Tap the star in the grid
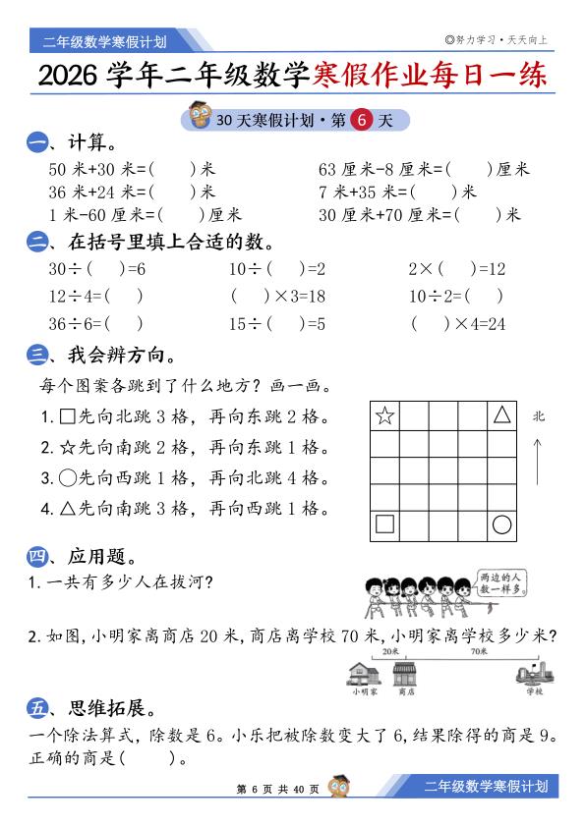coord(384,415)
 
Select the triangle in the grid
coord(502,414)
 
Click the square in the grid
coord(384,524)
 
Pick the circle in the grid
coord(502,524)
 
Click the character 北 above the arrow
coord(538,415)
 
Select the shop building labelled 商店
coord(404,673)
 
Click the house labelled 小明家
coord(363,673)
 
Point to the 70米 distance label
coord(479,650)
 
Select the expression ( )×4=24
coord(457,322)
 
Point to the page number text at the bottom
coord(278,789)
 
